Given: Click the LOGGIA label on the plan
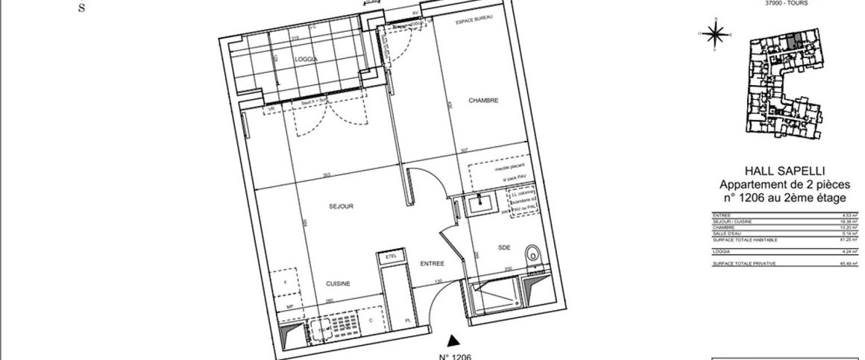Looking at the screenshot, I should pos(306,60).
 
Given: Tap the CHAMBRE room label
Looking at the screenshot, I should pos(483,101).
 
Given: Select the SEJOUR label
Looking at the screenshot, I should pos(339,206).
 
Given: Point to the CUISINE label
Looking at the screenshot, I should pos(337,283).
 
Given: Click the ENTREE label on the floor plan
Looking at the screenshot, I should pos(432,264).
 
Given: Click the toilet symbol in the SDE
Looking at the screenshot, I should pos(532,255).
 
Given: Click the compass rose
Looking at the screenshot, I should pos(715,34).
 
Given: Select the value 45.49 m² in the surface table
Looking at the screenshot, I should pos(849,263).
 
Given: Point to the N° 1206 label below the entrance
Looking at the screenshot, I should pos(454,356).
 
